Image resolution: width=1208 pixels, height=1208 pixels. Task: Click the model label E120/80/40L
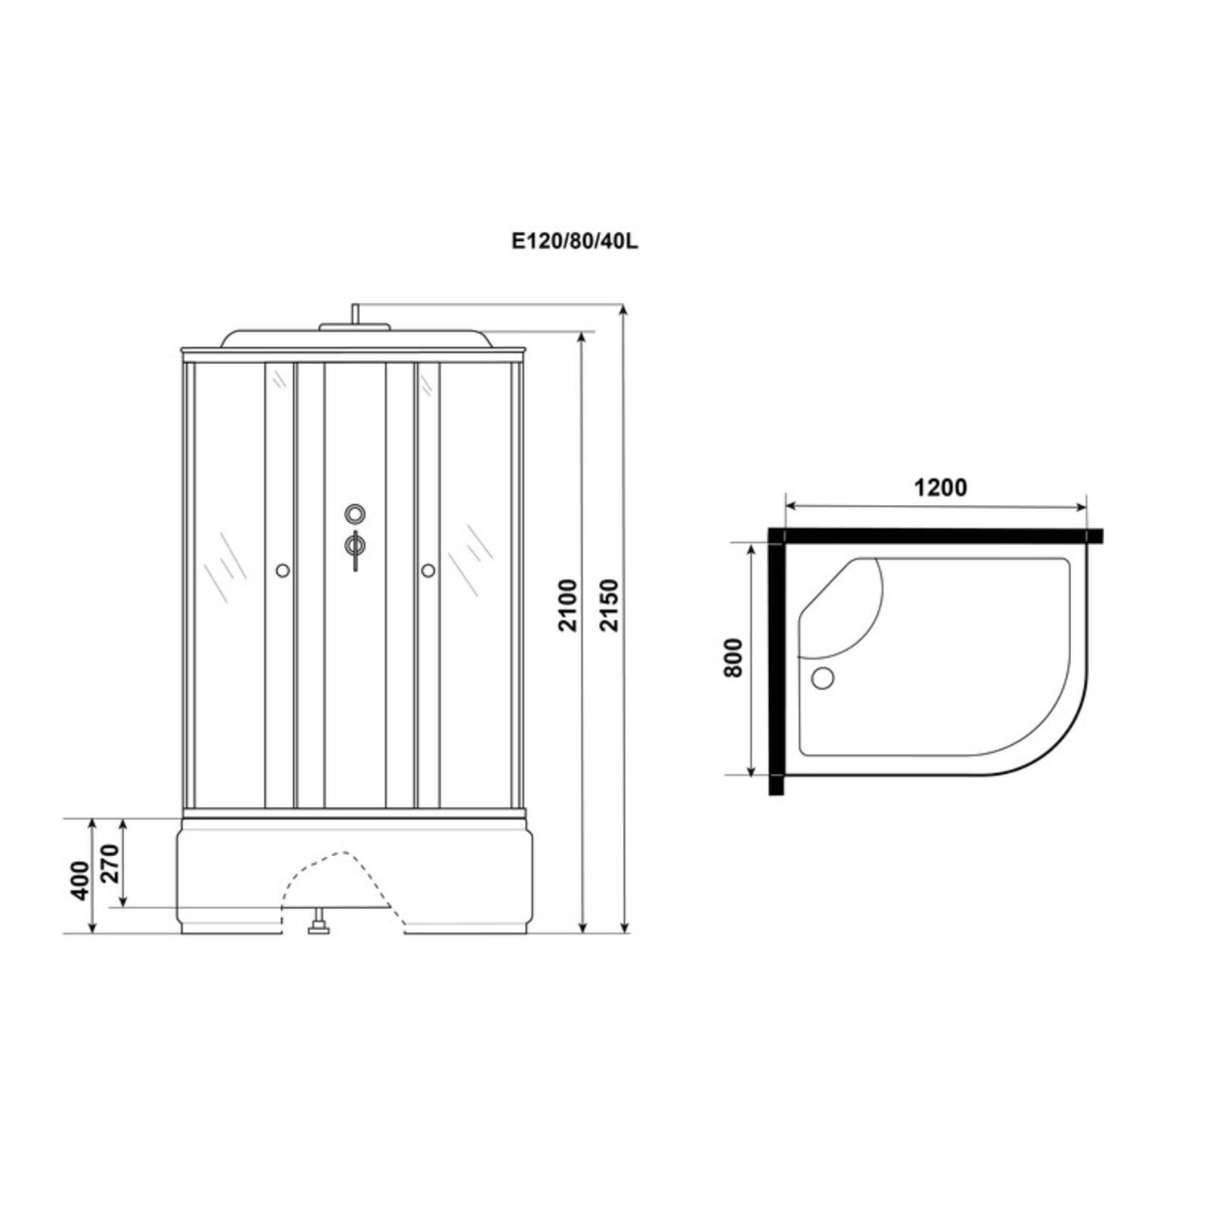(574, 242)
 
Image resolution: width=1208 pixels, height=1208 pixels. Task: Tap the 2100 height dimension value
(569, 604)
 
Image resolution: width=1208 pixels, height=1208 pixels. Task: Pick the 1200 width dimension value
(939, 487)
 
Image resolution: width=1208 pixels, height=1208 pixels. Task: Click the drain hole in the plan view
(823, 678)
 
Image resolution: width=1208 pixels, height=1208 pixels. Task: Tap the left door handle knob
(282, 571)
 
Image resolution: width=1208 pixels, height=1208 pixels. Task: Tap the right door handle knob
(428, 571)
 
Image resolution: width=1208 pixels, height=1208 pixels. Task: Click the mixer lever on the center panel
(354, 548)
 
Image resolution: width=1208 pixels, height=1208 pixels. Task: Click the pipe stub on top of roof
(354, 314)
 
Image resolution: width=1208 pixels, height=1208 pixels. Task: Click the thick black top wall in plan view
(934, 536)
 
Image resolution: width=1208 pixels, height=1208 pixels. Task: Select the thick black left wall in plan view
(776, 660)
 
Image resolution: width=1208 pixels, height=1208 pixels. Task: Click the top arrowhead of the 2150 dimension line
(624, 310)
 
